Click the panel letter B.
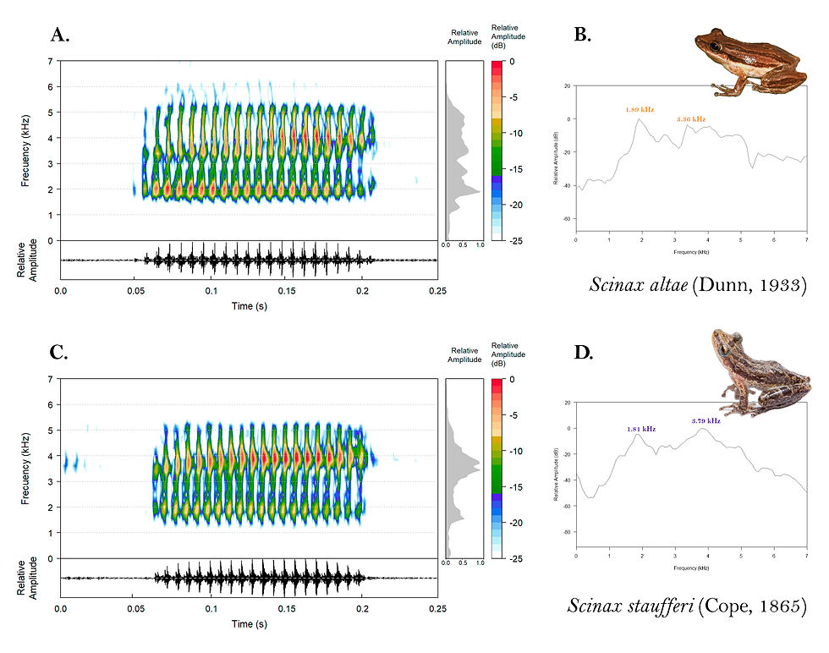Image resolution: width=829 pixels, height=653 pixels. click(582, 35)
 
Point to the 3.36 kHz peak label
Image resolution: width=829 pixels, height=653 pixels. click(690, 119)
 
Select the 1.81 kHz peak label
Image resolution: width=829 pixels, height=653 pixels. click(640, 429)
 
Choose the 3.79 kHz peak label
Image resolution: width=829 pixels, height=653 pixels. click(705, 420)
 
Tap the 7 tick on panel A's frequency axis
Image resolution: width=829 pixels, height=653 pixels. click(50, 62)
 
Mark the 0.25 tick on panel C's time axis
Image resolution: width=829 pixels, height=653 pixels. click(437, 609)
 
